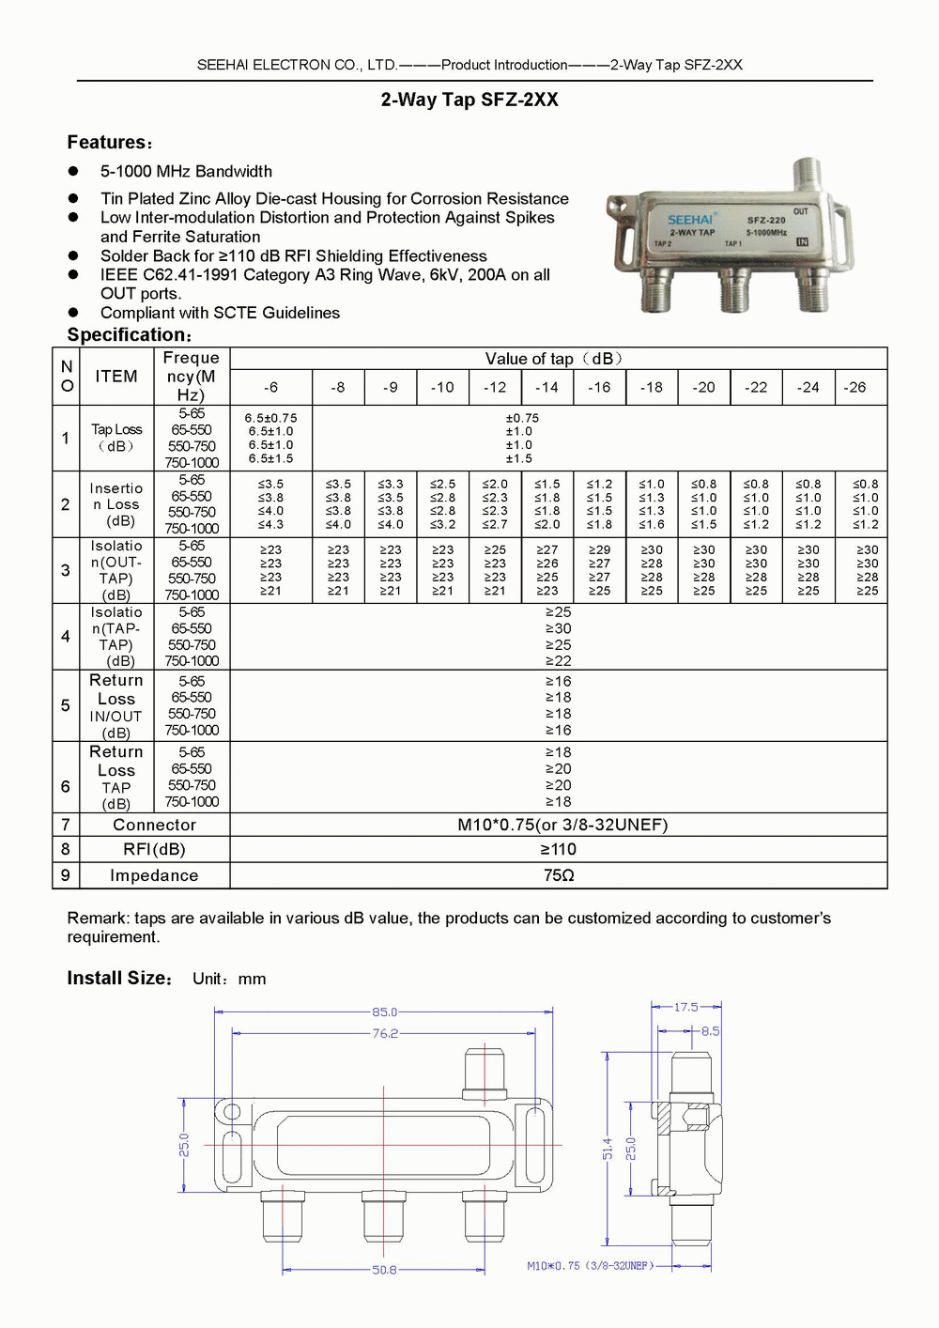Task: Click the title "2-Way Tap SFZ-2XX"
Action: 469,100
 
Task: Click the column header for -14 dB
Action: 546,387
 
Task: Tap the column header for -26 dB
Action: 854,387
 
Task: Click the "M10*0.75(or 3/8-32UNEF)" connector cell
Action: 562,825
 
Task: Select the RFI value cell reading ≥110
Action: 558,849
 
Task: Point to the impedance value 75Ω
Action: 558,875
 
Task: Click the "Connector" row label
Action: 154,825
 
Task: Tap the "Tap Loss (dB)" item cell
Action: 116,438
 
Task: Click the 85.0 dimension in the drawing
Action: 384,1011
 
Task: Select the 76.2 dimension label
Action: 385,1033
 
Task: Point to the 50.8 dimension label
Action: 384,1270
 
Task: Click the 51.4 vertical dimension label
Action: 608,1149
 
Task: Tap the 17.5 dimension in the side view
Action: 686,1007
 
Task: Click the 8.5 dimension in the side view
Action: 710,1030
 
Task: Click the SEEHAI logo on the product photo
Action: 690,220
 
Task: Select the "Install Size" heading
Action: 119,979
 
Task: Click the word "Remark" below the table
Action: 98,918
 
